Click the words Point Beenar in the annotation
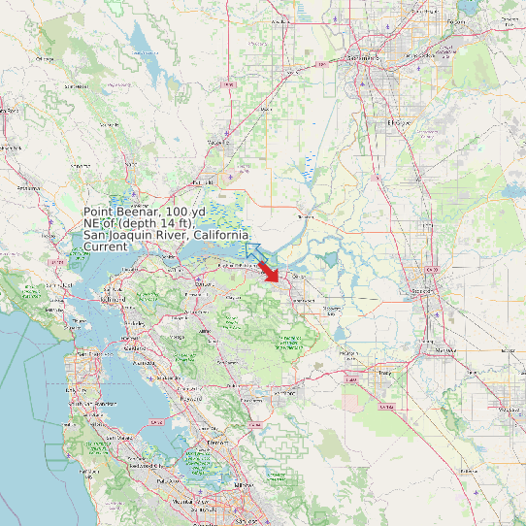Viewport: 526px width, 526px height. tap(122, 212)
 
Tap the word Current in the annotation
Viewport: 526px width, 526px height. tap(105, 247)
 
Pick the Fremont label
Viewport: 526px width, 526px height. tap(216, 442)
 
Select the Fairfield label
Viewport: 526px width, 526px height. tap(203, 181)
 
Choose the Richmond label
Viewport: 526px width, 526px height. tap(109, 300)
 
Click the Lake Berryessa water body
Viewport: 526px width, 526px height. tap(143, 44)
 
